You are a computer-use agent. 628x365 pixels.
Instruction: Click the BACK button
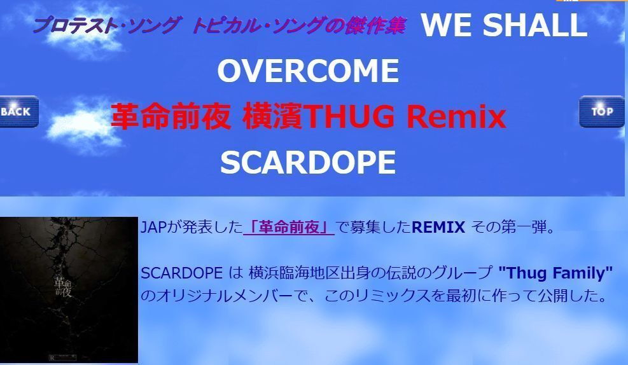19,112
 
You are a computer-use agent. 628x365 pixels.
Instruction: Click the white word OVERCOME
308,71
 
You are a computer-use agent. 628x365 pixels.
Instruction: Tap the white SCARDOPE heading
308,163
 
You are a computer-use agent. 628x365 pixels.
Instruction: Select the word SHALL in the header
535,25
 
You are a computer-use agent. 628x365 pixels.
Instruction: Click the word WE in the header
447,25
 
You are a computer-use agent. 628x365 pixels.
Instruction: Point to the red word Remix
456,116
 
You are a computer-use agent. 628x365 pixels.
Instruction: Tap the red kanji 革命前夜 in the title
171,116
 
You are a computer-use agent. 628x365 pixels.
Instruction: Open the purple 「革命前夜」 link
289,227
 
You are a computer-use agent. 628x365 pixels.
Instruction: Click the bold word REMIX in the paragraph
438,227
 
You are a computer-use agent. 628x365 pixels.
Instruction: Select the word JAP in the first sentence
153,227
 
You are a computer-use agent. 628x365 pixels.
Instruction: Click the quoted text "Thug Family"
555,273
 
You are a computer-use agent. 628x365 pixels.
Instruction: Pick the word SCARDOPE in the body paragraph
181,273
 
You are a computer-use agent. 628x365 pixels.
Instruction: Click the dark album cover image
69,290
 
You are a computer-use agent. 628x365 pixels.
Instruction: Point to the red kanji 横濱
273,116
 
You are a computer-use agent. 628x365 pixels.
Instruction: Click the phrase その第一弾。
513,227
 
